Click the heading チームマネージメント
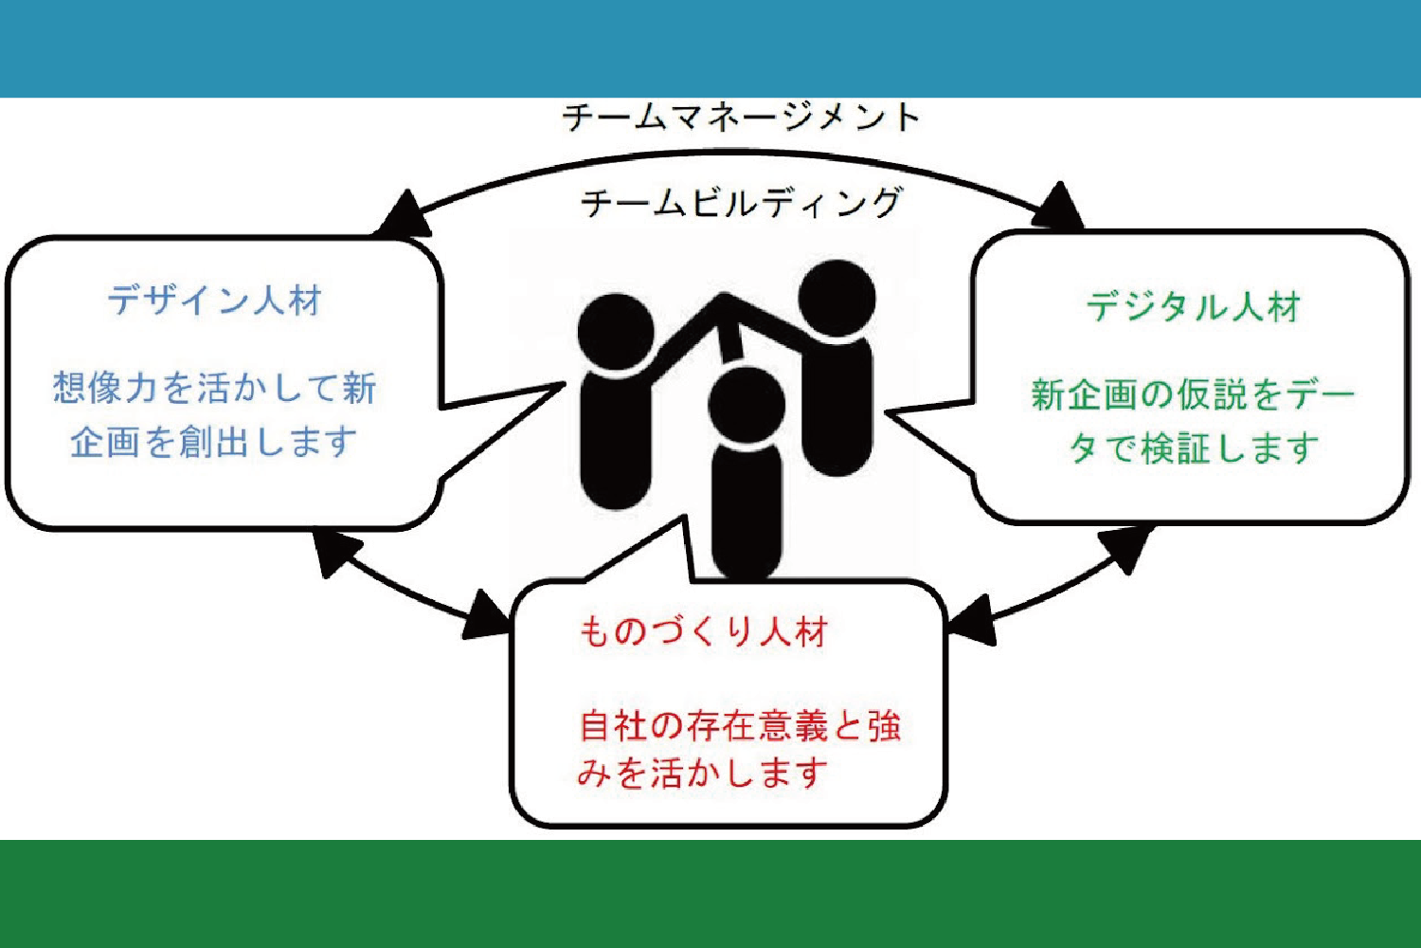pos(741,118)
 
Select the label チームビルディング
pos(741,203)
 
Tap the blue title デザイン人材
pos(214,301)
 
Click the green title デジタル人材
pos(1194,307)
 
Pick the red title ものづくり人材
pos(704,631)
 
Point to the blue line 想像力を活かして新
pos(214,388)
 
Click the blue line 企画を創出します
pos(214,443)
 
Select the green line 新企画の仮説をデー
pos(1193,395)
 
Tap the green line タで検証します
pos(1194,448)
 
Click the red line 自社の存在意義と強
pos(740,726)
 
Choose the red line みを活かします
pos(703,773)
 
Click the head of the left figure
pos(616,332)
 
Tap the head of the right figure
pos(836,299)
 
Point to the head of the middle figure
pos(746,405)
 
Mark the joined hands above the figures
pos(725,302)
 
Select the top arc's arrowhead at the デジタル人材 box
pos(1058,207)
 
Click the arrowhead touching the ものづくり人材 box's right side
pos(971,621)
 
